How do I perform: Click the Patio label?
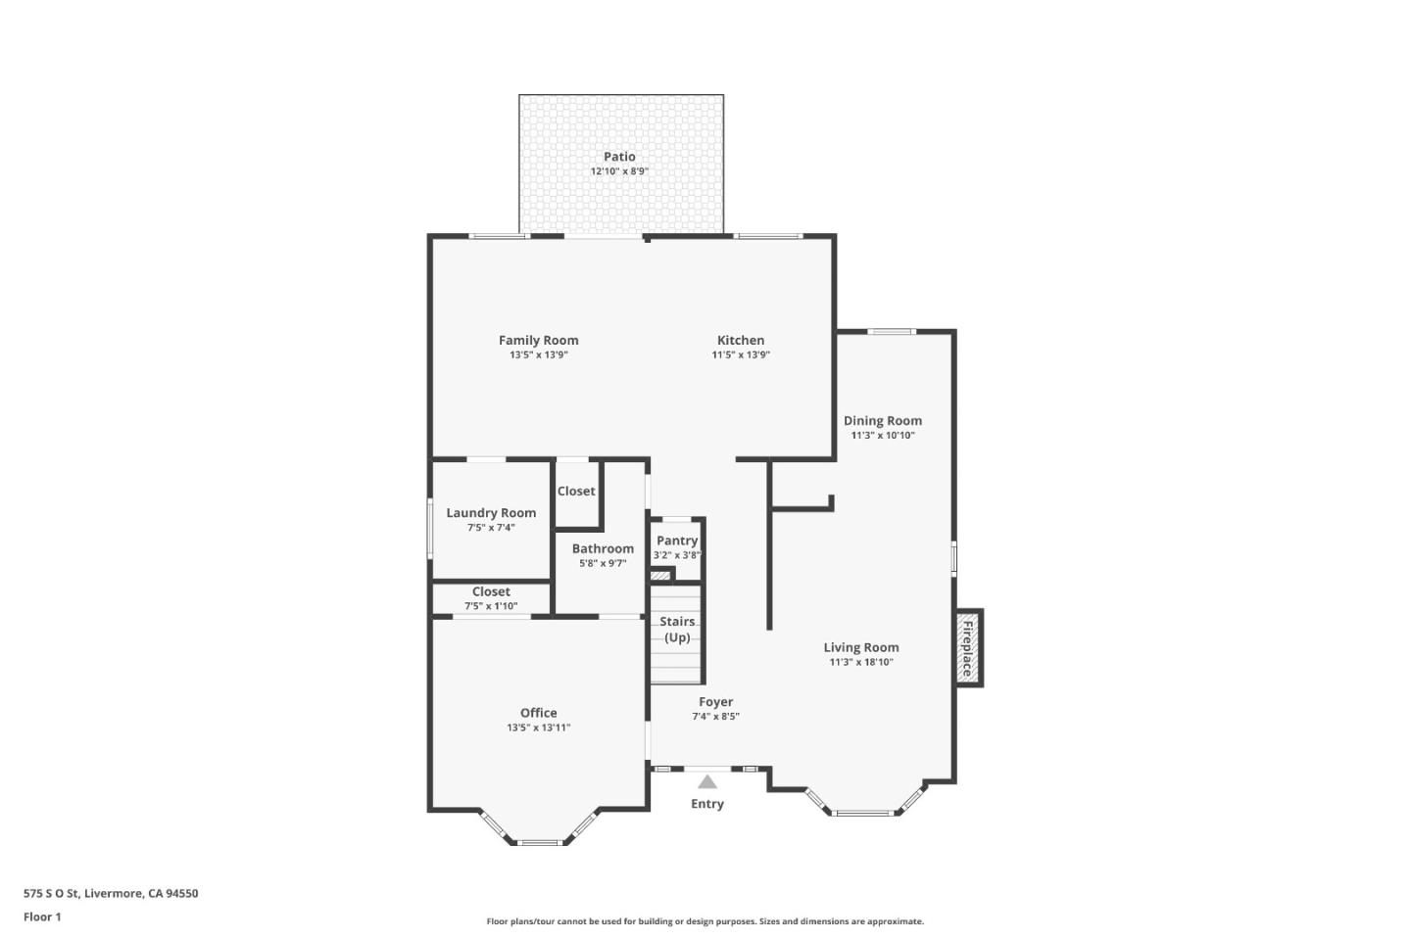coord(619,157)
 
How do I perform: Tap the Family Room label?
coord(538,341)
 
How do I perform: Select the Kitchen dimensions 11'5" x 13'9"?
coord(741,355)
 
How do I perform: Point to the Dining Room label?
coord(882,421)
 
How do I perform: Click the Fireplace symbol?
coord(968,648)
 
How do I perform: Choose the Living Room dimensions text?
coord(860,663)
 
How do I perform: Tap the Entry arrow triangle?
coord(707,781)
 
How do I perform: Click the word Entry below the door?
coord(707,804)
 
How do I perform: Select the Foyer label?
coord(715,702)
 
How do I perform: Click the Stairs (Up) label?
coord(677,630)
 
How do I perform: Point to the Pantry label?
coord(677,540)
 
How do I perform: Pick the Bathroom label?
coord(603,549)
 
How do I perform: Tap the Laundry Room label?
coord(491,513)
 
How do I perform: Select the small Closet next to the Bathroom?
coord(576,492)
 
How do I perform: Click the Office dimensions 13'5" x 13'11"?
coord(538,728)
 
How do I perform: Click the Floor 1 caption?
coord(42,917)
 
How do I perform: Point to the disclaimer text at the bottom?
coord(705,921)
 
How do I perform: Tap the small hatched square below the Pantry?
coord(660,575)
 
